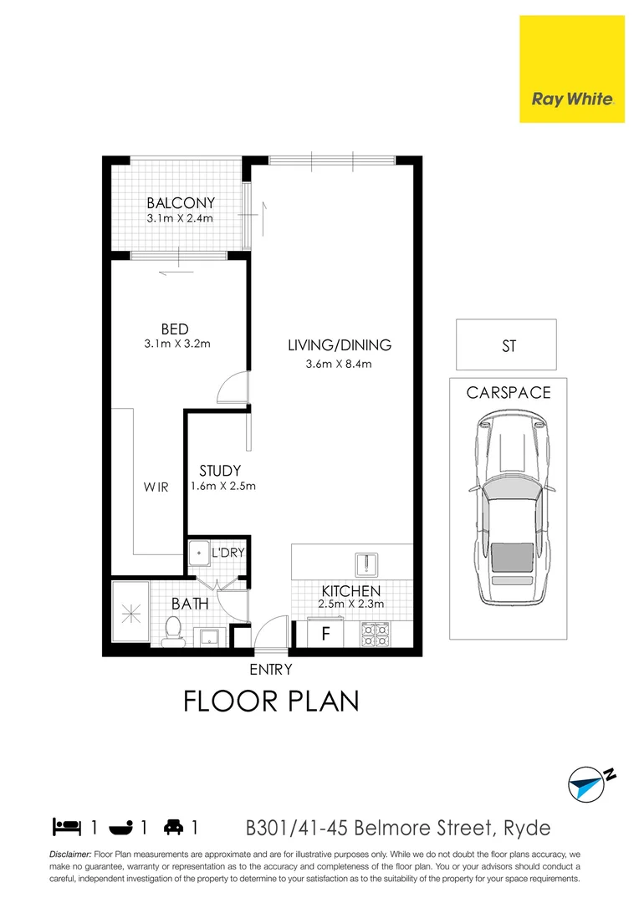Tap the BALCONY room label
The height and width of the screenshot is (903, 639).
[181, 203]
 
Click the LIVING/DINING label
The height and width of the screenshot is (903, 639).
[340, 345]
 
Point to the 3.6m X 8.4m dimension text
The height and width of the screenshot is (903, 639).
[340, 364]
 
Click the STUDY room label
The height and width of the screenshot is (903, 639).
[220, 472]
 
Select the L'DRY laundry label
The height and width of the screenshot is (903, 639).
[227, 554]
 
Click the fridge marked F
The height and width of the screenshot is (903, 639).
[327, 634]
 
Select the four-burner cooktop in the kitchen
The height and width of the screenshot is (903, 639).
[376, 635]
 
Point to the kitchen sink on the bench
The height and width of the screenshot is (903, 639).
[366, 564]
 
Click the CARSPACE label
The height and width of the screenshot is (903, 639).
[509, 392]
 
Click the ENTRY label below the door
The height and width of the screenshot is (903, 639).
[271, 669]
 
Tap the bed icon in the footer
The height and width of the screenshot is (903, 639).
[66, 828]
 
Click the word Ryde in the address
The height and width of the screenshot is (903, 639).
[526, 829]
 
